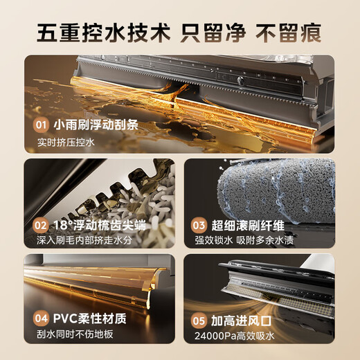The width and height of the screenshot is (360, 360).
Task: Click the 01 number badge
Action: click(x=41, y=125)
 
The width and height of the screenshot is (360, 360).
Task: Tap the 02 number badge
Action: click(x=41, y=225)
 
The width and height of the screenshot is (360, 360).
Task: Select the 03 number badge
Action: click(x=199, y=225)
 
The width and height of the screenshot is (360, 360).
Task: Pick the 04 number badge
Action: click(x=41, y=318)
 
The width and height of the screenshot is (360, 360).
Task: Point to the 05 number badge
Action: click(x=199, y=321)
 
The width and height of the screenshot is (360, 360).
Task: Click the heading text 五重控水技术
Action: click(x=103, y=33)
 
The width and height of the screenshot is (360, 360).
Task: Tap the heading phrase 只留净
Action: click(x=213, y=33)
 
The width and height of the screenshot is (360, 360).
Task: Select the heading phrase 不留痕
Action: click(x=289, y=33)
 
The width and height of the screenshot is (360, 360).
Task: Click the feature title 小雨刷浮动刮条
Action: click(x=96, y=125)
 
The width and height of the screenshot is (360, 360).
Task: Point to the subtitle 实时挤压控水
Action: click(x=66, y=142)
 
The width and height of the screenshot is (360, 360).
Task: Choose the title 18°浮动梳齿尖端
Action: click(x=100, y=225)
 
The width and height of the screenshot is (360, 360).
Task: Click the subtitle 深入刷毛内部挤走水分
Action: click(x=84, y=240)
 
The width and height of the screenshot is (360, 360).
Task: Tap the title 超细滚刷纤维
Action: click(x=248, y=225)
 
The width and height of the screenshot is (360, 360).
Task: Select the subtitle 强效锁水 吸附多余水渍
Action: click(x=244, y=240)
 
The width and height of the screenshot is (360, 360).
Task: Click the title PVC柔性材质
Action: click(x=90, y=318)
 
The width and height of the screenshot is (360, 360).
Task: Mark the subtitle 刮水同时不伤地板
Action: click(x=75, y=334)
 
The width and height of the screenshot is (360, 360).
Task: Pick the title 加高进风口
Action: click(x=241, y=321)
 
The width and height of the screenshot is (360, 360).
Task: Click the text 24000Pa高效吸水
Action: click(x=235, y=336)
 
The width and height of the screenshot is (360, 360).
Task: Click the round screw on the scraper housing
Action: click(x=240, y=80)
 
